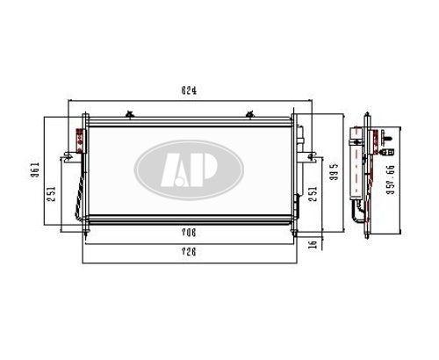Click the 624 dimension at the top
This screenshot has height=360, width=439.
189,90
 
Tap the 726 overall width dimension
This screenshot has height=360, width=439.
187,252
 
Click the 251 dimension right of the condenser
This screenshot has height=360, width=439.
313,193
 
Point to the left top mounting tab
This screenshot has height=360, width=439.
129,113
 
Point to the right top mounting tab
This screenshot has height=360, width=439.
250,113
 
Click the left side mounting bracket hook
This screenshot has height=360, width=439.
67,158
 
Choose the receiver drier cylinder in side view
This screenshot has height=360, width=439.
356,171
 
